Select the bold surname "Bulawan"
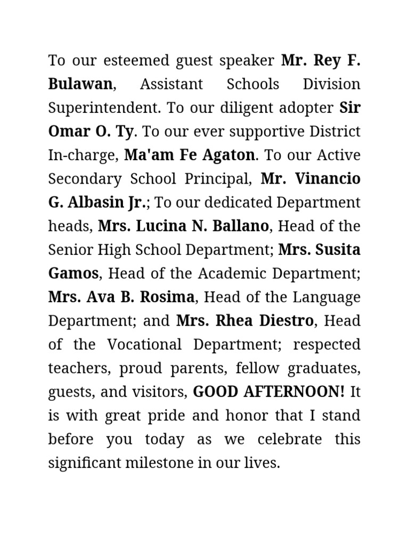pos(80,84)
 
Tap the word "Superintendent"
pos(104,108)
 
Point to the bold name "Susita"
pos(337,250)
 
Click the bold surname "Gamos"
pos(73,274)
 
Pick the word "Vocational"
pos(143,345)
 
